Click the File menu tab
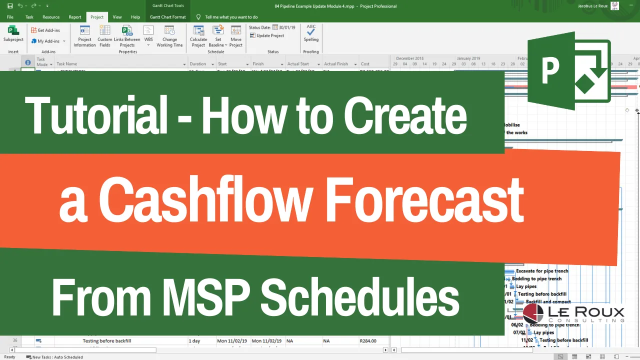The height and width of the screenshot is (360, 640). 10,17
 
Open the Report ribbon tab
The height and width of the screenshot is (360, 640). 75,17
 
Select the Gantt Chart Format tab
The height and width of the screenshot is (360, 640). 167,17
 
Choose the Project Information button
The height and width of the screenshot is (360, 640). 84,35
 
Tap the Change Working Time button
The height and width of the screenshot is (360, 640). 169,35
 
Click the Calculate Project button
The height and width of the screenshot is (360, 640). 198,35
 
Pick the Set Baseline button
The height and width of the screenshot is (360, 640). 218,35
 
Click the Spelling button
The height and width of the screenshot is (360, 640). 311,33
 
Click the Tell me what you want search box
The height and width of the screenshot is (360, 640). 231,17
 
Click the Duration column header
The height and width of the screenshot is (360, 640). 198,64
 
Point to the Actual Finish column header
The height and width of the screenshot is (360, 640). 336,64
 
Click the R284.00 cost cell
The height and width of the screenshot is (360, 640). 368,341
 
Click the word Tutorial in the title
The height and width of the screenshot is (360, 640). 96,116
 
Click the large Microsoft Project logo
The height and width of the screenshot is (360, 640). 569,70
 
